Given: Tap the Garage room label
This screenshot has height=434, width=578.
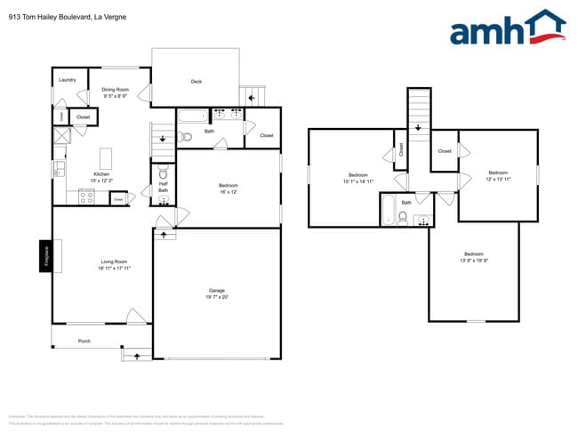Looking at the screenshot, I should (217, 291).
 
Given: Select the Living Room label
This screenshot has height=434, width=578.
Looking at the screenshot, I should (114, 261).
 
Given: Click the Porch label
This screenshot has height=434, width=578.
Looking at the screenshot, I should (84, 341).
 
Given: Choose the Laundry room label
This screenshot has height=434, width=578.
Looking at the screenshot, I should (67, 80).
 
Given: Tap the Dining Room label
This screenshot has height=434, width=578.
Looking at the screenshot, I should (115, 89).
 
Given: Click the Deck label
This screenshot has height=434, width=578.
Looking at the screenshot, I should (197, 82).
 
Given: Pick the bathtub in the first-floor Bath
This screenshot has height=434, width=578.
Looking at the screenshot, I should (192, 115).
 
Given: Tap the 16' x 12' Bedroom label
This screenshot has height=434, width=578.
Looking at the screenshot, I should (228, 185).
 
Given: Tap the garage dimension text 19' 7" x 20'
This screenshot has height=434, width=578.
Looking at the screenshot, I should (217, 298).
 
